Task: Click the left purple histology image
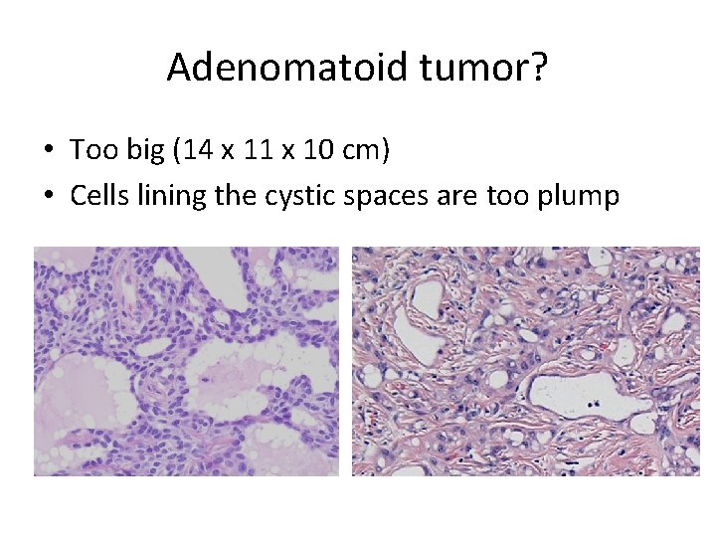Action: (186, 361)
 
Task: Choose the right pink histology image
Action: (526, 361)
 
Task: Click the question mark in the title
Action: (537, 68)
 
